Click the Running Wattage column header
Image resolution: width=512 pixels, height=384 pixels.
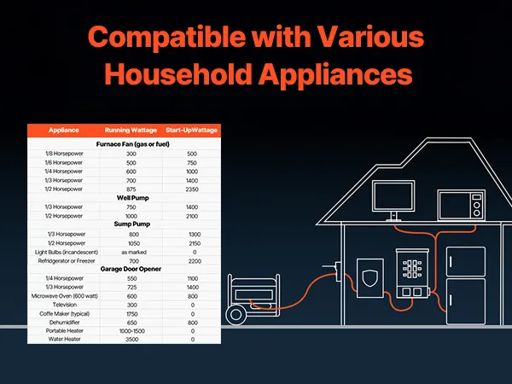[131, 130]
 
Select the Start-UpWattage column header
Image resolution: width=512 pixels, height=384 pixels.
[191, 130]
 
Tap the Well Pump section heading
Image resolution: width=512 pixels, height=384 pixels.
[133, 198]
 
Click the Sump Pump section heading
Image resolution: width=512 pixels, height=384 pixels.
[132, 224]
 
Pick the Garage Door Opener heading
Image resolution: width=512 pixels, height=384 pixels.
[131, 269]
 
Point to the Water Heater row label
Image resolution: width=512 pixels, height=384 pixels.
[64, 339]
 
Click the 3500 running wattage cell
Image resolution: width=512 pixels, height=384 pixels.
[132, 340]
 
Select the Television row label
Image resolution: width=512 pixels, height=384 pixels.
[65, 305]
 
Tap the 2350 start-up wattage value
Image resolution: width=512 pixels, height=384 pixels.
[192, 189]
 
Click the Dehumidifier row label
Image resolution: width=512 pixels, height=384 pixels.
[65, 323]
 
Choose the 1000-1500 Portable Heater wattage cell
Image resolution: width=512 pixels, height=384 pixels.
[132, 331]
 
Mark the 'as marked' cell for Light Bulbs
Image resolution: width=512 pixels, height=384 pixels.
[134, 252]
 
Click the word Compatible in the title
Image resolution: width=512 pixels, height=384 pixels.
[167, 38]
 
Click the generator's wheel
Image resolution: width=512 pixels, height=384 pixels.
[236, 314]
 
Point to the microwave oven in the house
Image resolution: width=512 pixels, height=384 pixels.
[461, 205]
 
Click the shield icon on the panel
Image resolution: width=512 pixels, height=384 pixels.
[370, 278]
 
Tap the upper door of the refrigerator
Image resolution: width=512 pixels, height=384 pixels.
[466, 262]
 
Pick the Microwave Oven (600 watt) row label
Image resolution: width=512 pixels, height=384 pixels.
[65, 296]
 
